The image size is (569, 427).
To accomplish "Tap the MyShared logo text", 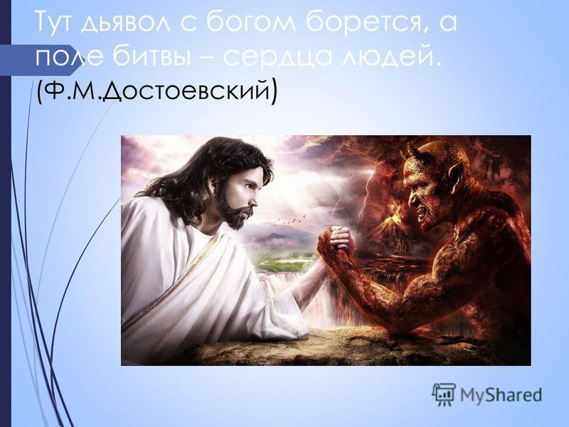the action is point(501,395).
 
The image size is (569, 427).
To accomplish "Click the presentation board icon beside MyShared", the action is point(444,394).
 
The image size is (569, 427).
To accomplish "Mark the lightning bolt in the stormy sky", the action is point(365,192).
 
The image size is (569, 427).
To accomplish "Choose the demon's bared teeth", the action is point(421,213).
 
